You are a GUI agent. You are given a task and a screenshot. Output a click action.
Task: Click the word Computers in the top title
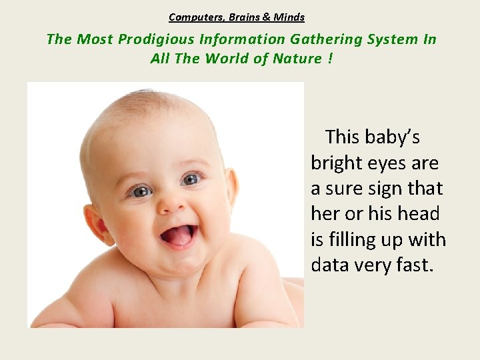[191, 17]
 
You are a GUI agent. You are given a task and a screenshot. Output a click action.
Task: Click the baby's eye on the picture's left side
[141, 191]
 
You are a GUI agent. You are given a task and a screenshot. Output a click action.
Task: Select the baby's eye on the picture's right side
[191, 179]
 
